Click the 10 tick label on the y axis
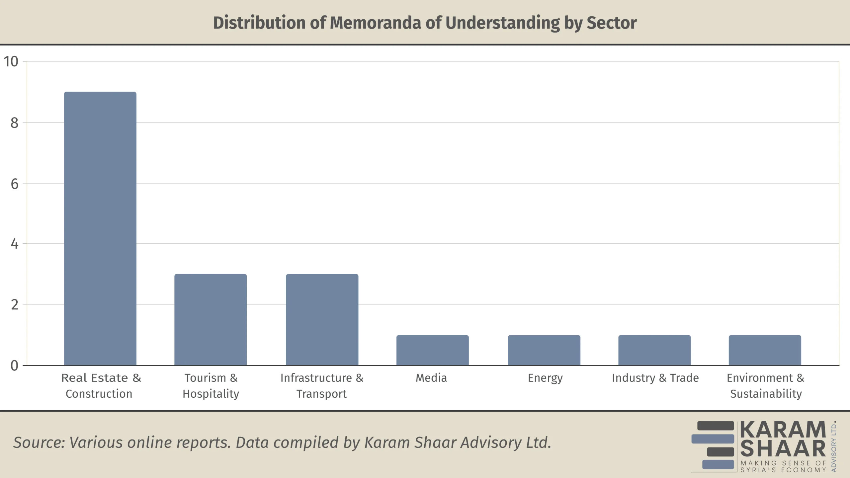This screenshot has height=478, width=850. (x=11, y=61)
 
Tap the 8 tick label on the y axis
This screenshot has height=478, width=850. (x=14, y=123)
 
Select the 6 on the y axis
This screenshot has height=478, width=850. (x=14, y=184)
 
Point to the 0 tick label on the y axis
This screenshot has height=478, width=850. (x=14, y=365)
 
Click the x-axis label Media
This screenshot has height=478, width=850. (x=431, y=378)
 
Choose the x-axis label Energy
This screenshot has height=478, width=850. (x=545, y=378)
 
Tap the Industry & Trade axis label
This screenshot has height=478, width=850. (x=655, y=378)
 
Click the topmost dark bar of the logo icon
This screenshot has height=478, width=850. (x=715, y=426)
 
